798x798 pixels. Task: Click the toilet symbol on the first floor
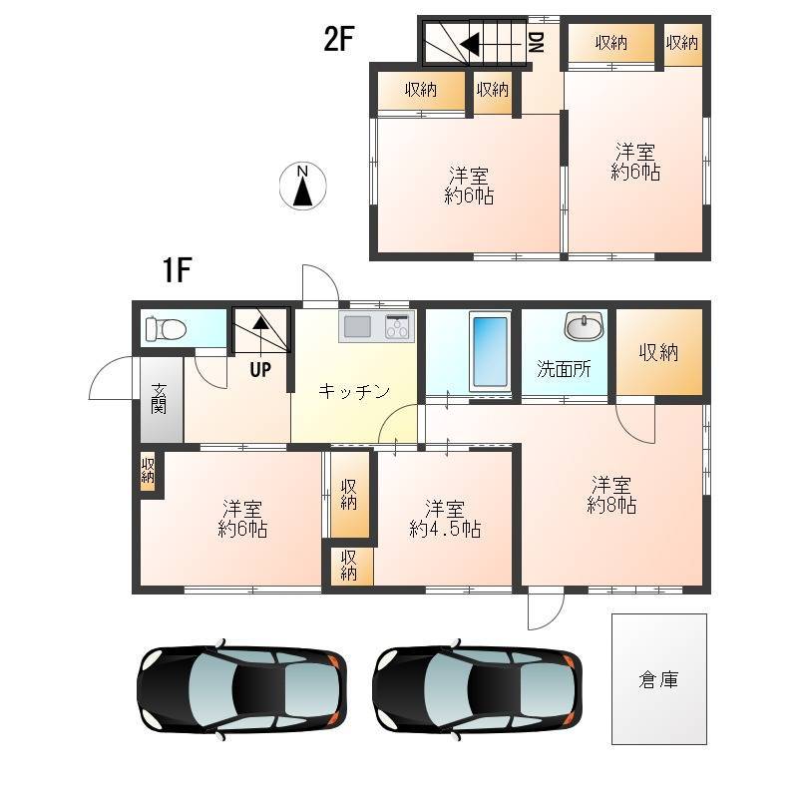(x=166, y=329)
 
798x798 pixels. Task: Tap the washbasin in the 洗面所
(x=585, y=326)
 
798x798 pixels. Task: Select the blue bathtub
(x=490, y=352)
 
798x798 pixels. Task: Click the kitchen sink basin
(x=357, y=326)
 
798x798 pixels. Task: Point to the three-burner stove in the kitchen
(x=397, y=326)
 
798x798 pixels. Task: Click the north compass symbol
(x=303, y=186)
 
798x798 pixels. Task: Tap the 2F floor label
(x=338, y=39)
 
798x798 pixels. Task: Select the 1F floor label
(x=177, y=269)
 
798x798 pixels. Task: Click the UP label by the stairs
(x=260, y=370)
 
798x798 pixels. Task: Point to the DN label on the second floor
(x=537, y=42)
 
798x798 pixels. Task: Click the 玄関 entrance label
(x=159, y=398)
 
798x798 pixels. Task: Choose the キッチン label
(x=354, y=391)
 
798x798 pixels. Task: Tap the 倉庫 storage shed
(x=659, y=679)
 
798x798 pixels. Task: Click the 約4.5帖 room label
(x=445, y=530)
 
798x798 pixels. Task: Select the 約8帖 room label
(x=611, y=506)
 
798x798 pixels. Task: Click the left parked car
(x=241, y=689)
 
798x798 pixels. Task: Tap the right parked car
(x=477, y=689)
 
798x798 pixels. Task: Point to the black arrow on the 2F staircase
(x=469, y=44)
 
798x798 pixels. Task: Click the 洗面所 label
(x=564, y=369)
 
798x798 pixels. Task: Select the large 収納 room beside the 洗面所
(x=659, y=352)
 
